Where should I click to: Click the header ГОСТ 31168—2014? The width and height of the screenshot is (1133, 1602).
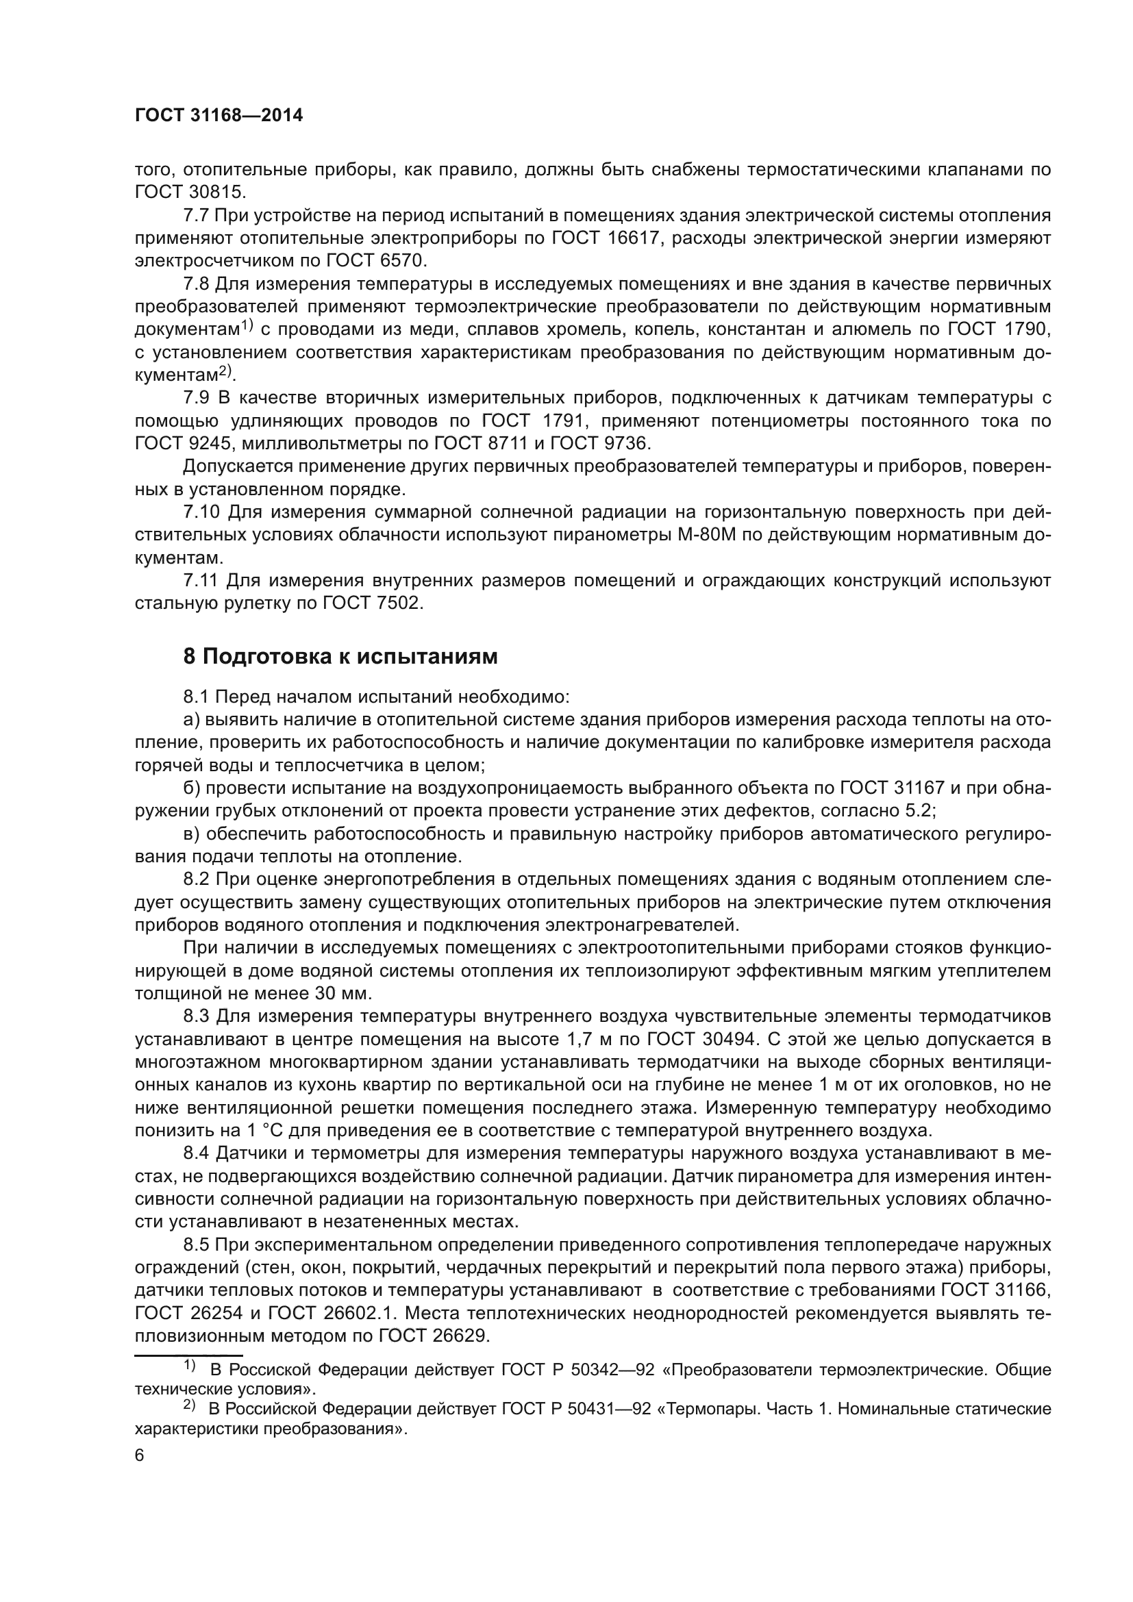pyautogui.click(x=219, y=116)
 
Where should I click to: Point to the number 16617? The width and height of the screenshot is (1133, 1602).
pyautogui.click(x=629, y=238)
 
